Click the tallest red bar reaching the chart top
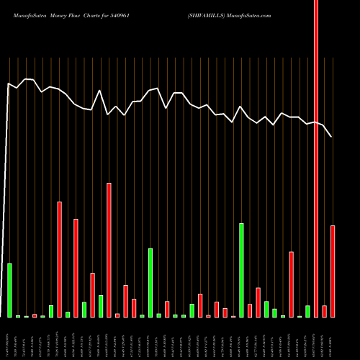(x=316, y=158)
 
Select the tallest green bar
(x=241, y=270)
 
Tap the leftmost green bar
(x=9, y=290)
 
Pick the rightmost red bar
(x=333, y=271)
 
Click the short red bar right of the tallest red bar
(x=324, y=311)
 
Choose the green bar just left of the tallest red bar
(x=307, y=311)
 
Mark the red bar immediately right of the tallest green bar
(x=250, y=310)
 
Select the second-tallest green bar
(x=150, y=282)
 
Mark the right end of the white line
(x=332, y=137)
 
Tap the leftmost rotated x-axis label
(x=9, y=338)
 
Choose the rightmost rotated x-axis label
(x=333, y=338)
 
